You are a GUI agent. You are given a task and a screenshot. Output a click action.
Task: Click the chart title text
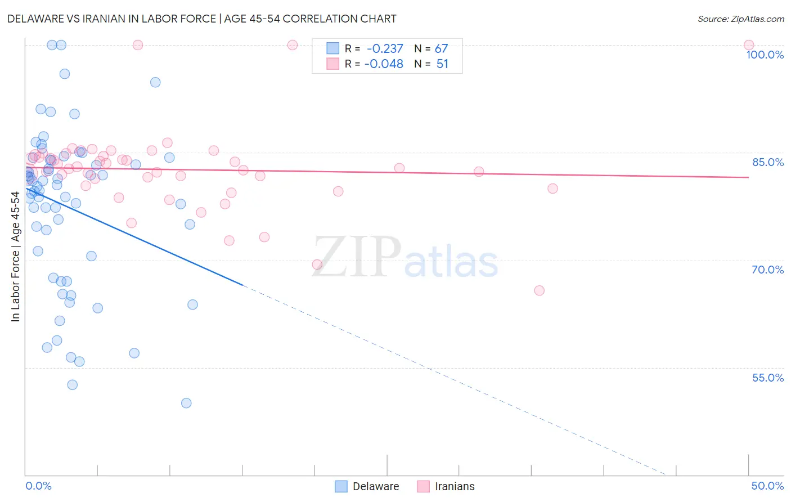201,19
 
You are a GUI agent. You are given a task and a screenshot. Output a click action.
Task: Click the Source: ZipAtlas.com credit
740,19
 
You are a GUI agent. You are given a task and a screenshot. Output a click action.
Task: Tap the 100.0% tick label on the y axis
765,55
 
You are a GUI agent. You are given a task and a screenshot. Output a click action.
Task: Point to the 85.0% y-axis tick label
768,162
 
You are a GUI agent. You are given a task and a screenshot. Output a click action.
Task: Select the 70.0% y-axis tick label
768,270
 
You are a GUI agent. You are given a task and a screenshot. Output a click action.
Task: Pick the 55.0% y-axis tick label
768,378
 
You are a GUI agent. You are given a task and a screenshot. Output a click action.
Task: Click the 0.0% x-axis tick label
38,486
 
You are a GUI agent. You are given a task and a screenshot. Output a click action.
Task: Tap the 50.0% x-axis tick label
767,486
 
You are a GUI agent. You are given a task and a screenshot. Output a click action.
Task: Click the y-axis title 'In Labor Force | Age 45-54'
15,257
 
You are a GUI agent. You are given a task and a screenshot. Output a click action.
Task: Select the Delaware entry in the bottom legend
375,486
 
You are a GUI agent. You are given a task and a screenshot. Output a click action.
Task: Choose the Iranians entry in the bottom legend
454,486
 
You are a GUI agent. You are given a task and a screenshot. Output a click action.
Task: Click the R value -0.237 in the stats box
385,49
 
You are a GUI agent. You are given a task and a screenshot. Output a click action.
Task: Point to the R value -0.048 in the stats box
384,64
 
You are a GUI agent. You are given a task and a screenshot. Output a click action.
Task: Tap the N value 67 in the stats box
441,49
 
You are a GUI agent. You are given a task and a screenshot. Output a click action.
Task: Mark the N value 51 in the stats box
442,64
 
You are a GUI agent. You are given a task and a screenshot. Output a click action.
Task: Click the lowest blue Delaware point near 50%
186,403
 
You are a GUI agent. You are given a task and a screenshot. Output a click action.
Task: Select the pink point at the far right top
749,45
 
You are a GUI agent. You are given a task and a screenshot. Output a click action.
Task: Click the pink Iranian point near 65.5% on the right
539,290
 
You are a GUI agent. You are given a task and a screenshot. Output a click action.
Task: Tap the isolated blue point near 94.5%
155,82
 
